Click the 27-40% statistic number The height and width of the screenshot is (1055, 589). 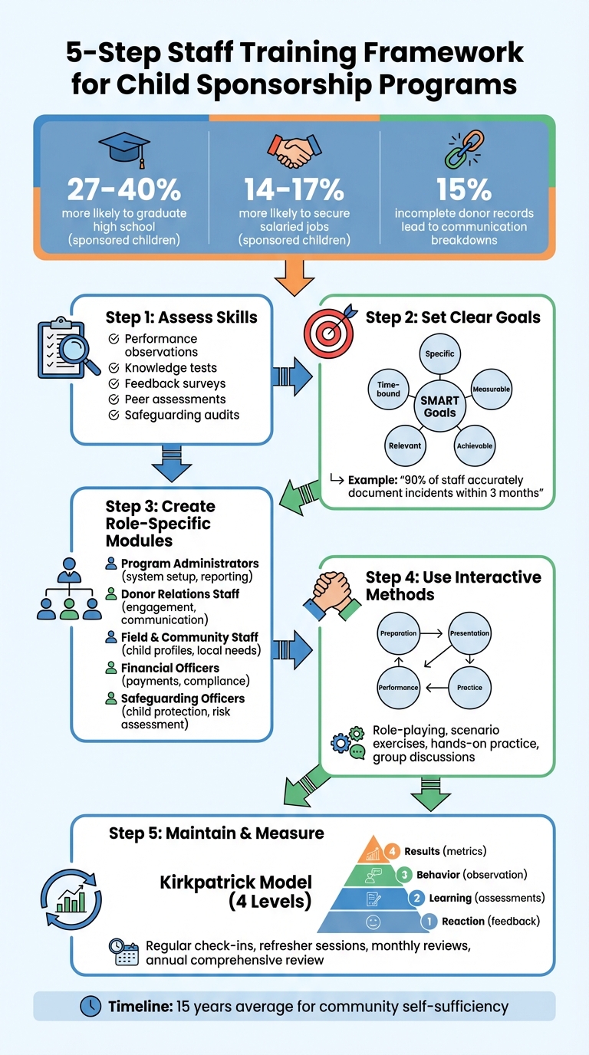124,189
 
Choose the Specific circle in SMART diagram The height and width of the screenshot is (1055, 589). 439,353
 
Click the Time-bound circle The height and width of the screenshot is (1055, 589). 389,389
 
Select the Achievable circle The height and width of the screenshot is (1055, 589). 475,445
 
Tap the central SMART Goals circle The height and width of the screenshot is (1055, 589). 439,406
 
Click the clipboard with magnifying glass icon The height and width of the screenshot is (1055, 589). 66,349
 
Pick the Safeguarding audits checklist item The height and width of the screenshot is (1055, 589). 182,415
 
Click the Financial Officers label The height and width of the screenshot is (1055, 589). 169,668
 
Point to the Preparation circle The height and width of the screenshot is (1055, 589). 399,633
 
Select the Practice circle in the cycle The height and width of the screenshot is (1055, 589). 469,687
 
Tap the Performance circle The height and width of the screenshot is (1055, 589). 399,687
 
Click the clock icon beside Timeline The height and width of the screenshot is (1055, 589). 90,1006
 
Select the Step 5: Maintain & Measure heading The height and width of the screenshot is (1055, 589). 216,833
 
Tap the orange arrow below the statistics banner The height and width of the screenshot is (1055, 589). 294,276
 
